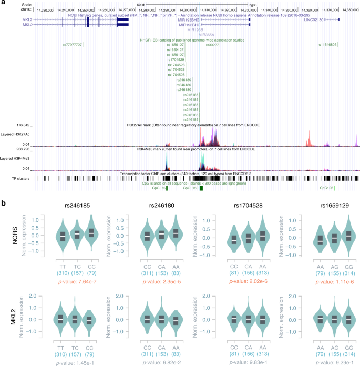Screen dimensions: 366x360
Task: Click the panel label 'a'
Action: pos(4,3)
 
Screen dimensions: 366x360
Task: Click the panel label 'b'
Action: pos(4,202)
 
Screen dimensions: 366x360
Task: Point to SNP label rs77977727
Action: pos(73,45)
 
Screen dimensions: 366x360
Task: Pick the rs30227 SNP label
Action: pos(212,45)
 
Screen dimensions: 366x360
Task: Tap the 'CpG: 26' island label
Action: pos(327,187)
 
